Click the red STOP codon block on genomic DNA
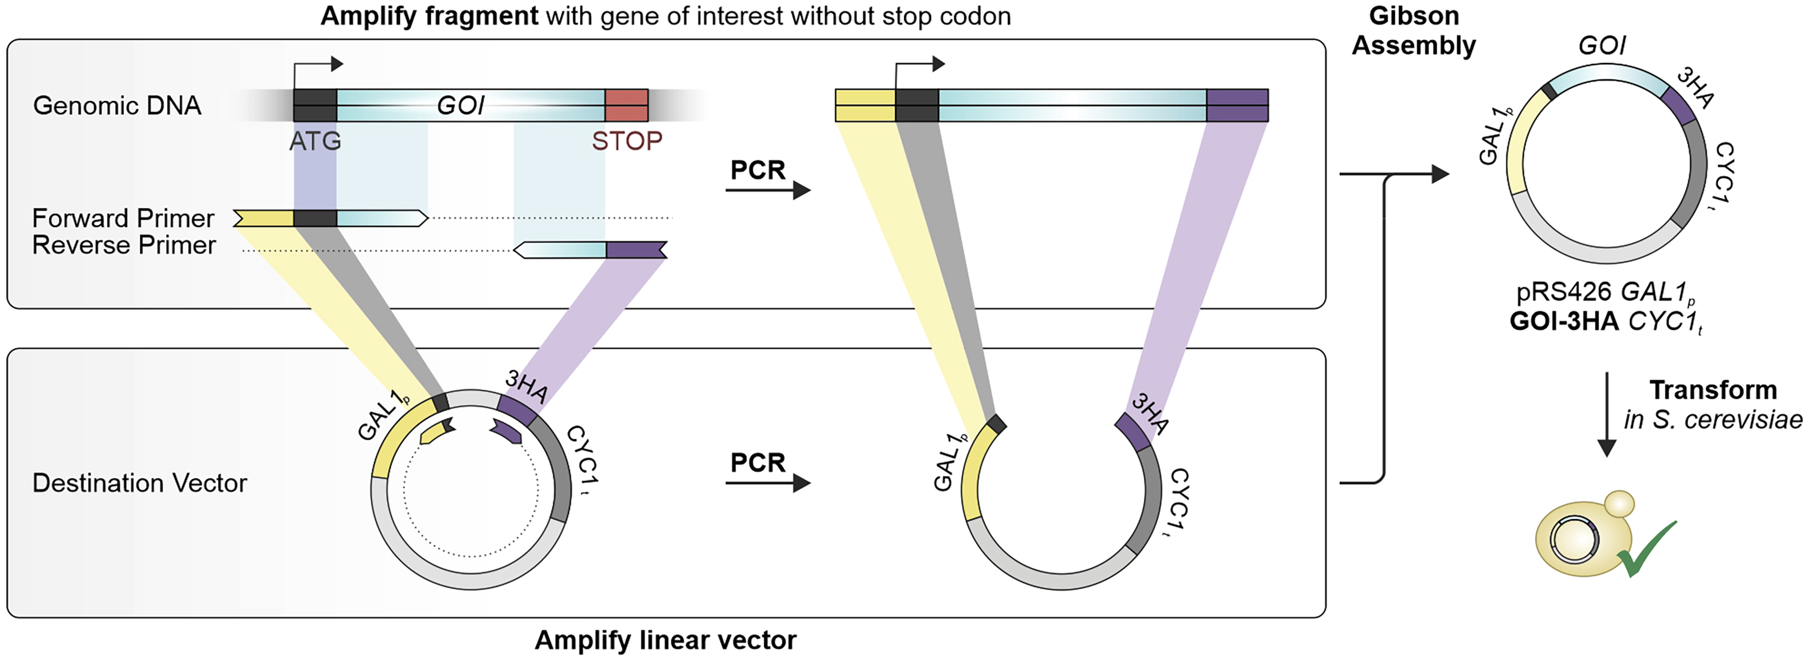click(626, 105)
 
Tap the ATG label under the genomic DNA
click(315, 141)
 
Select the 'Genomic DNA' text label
click(117, 105)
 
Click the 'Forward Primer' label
click(123, 218)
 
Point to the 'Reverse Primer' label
click(124, 245)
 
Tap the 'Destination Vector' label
click(140, 483)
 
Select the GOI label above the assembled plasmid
click(1602, 46)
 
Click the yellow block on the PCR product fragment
click(865, 105)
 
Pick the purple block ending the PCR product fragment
click(1237, 105)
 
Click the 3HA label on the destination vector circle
click(526, 386)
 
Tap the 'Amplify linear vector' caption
click(665, 640)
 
